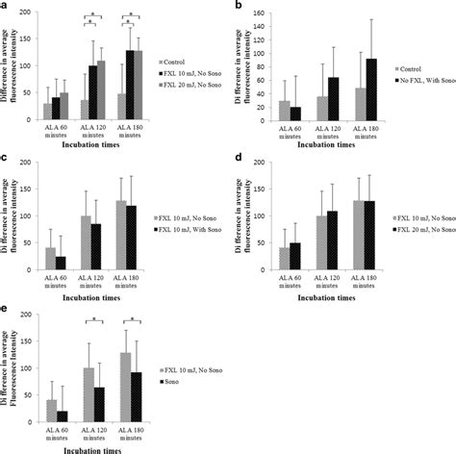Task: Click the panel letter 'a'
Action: point(5,7)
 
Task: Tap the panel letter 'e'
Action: point(5,311)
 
